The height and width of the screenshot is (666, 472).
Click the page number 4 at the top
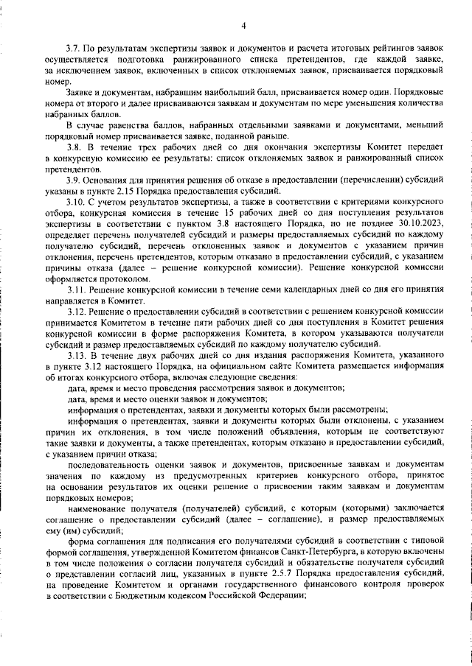coord(243,27)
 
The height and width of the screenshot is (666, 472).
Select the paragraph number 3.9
coord(73,181)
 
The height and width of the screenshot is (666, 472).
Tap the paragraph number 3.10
coord(75,202)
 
